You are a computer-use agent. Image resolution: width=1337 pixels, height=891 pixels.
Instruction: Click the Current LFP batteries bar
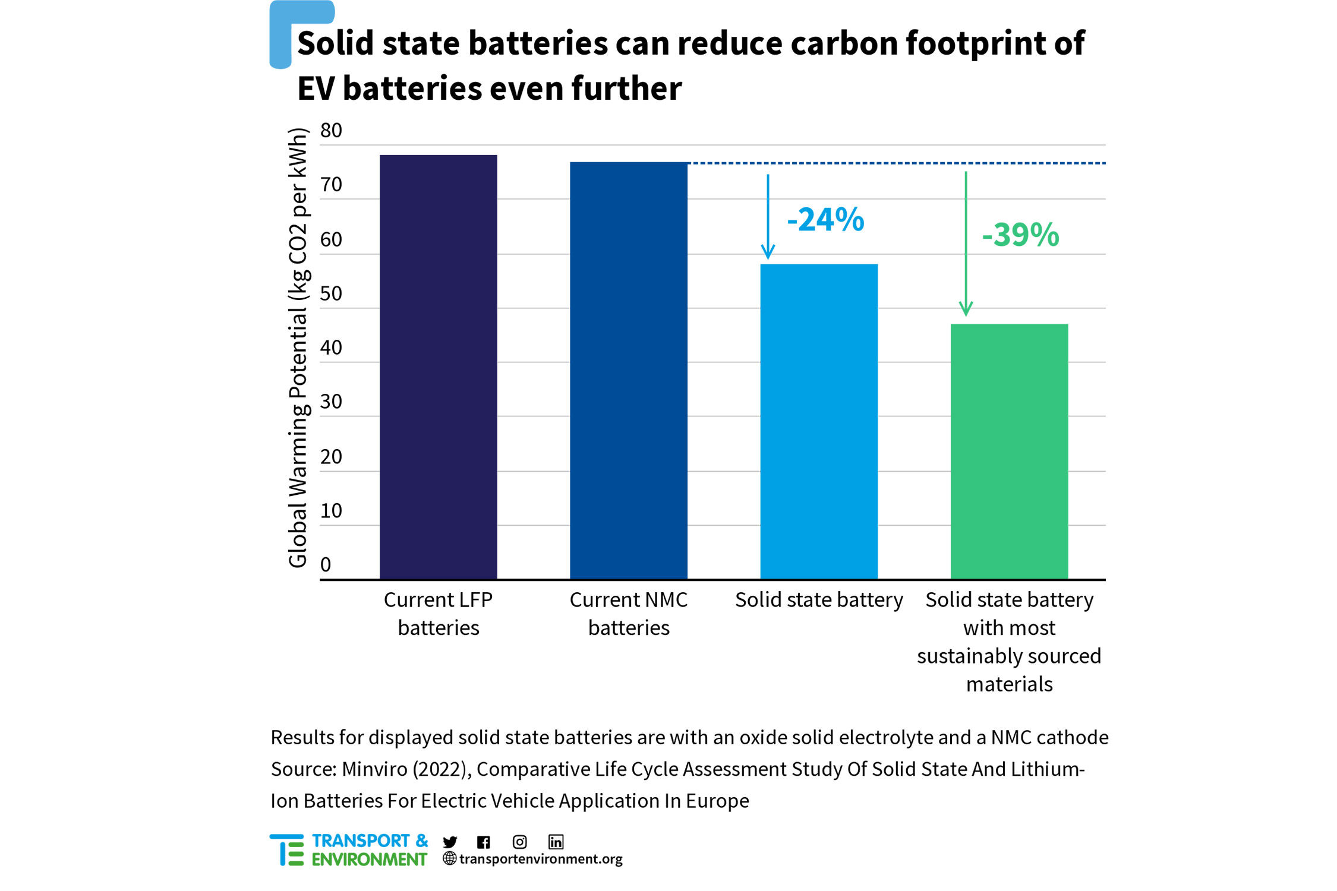pos(438,366)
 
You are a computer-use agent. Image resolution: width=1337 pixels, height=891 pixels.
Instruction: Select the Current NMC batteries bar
pos(628,370)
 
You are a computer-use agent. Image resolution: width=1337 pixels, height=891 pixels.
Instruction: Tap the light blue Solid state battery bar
pos(818,421)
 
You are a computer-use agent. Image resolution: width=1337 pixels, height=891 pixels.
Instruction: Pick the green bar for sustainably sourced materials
pos(1008,451)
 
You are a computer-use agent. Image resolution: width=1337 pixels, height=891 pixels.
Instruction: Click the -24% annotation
pos(825,220)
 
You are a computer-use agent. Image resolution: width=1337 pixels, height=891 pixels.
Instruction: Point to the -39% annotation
pos(1020,235)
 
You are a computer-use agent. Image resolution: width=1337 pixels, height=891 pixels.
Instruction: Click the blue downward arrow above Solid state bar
pos(768,217)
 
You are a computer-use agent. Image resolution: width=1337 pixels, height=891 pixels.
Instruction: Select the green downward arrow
pos(966,244)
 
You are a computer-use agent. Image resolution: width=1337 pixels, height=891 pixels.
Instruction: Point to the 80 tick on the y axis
pos(331,131)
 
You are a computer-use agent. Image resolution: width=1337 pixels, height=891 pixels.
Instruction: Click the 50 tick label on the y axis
pos(331,293)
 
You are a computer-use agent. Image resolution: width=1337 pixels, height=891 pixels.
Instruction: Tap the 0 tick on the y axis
pos(326,564)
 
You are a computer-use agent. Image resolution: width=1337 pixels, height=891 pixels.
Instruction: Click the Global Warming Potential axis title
pos(298,347)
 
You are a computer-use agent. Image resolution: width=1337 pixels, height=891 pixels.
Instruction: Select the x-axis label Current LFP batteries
pos(438,614)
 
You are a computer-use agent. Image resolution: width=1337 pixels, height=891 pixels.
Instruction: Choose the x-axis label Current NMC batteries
pos(628,614)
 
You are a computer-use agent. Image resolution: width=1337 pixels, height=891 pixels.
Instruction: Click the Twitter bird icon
pos(450,842)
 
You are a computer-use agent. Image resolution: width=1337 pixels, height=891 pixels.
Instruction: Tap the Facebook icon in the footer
pos(484,842)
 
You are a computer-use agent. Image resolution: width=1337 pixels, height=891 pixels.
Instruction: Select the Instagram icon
pos(519,842)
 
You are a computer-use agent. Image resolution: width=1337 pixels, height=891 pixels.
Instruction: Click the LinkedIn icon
pos(556,842)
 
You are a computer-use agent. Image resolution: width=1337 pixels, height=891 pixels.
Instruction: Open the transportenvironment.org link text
pos(540,859)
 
